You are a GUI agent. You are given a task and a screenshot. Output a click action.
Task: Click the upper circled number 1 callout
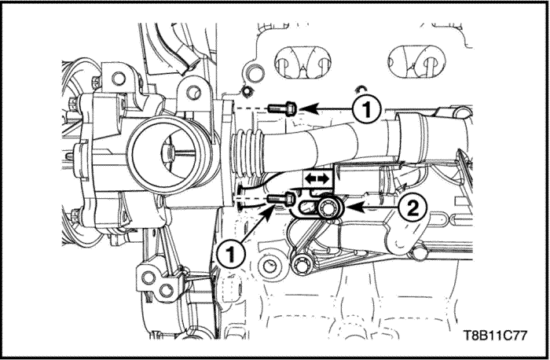[x=367, y=109]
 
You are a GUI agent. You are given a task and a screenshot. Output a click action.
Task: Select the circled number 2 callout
[x=412, y=209]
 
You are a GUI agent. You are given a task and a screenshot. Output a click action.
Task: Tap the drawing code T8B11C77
[x=496, y=336]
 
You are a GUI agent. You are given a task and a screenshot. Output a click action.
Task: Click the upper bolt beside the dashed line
[x=283, y=108]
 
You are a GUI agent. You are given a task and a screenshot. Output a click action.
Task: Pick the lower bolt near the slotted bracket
[x=281, y=199]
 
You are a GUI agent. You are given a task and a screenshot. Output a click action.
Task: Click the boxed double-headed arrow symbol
[x=317, y=179]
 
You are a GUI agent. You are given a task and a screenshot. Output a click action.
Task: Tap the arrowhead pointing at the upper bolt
[x=308, y=108]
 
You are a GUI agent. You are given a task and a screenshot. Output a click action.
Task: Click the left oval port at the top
[x=302, y=61]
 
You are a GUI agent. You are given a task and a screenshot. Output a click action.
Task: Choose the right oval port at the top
[x=416, y=61]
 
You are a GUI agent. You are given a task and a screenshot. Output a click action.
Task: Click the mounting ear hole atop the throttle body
[x=193, y=92]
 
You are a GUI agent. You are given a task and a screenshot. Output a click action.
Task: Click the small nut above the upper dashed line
[x=247, y=91]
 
